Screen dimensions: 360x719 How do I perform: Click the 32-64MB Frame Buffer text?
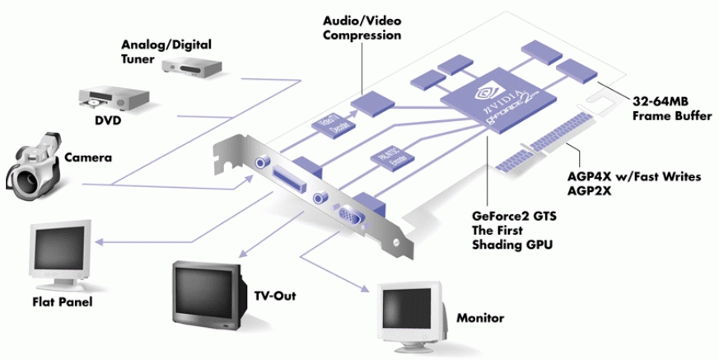pyautogui.click(x=672, y=110)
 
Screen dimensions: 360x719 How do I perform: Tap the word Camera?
pyautogui.click(x=86, y=157)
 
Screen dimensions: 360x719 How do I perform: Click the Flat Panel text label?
pyautogui.click(x=63, y=302)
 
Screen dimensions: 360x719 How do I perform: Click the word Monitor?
pyautogui.click(x=481, y=317)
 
